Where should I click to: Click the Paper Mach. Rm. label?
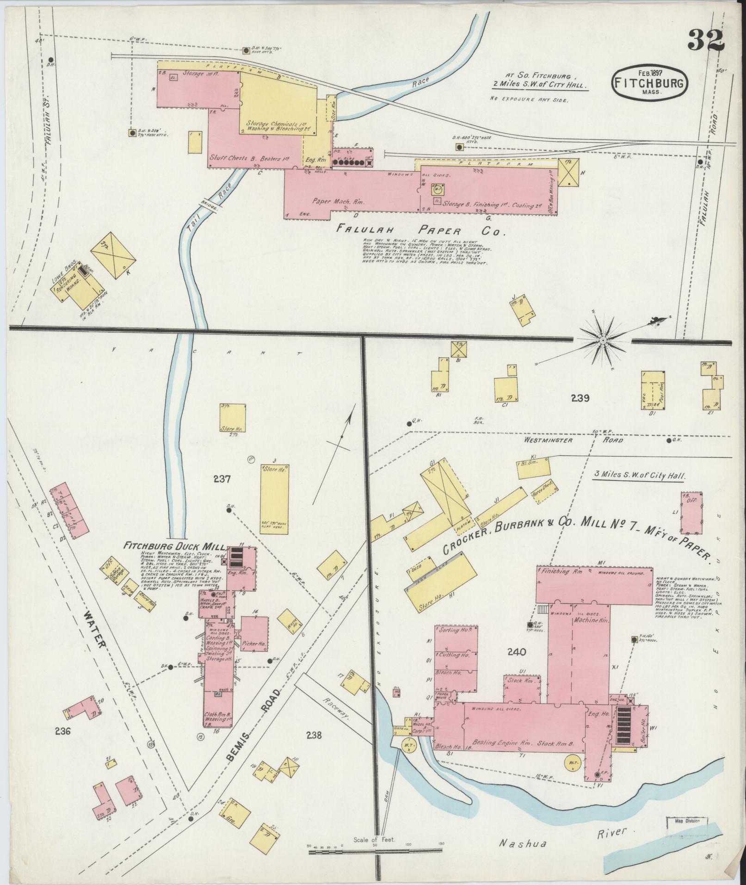332,202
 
